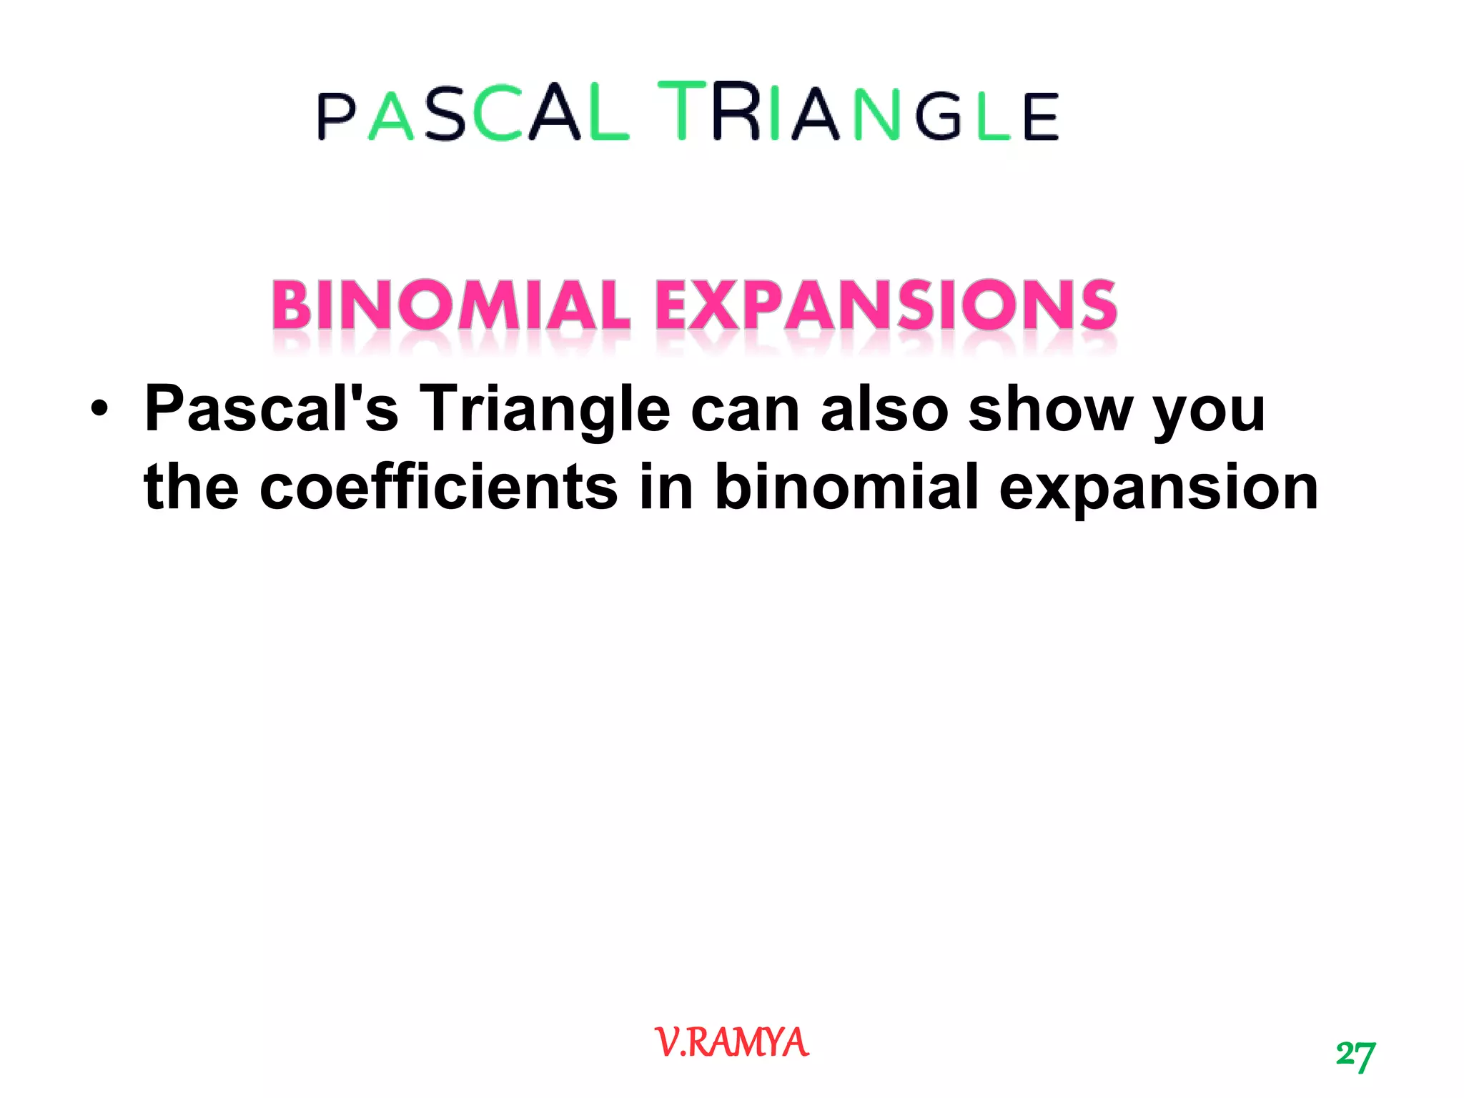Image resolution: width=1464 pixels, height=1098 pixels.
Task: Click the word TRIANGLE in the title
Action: click(858, 113)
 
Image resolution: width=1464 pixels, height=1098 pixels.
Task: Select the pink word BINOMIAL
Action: click(450, 305)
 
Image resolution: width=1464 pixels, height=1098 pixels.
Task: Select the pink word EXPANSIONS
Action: click(886, 305)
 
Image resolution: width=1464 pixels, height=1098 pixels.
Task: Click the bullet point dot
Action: click(99, 410)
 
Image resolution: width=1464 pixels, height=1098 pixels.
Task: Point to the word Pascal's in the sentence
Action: click(271, 409)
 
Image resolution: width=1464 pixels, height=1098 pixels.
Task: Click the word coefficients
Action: click(438, 488)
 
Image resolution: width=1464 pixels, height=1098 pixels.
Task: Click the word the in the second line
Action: click(191, 488)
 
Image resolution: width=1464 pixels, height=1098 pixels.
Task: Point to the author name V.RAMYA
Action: click(731, 1042)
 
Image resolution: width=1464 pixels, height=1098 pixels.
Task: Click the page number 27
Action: click(1355, 1055)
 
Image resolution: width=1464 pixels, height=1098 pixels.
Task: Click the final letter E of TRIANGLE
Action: click(1040, 117)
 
